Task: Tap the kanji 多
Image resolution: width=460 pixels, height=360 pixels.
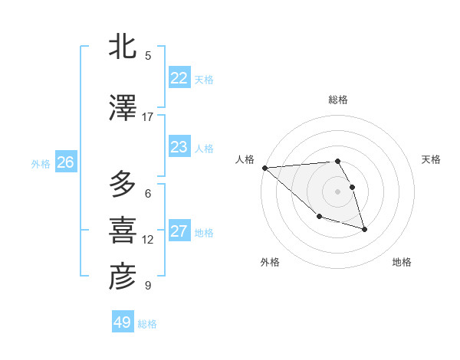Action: coord(123,185)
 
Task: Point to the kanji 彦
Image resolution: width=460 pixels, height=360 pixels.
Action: coord(123,277)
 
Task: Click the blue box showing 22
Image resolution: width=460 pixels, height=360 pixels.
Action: coord(179,78)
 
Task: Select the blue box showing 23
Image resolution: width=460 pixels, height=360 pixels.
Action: coord(179,147)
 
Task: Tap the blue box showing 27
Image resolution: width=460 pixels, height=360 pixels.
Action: coord(179,231)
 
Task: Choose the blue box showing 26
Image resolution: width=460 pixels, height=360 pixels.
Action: coord(66,162)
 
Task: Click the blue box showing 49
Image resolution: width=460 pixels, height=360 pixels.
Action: coord(123,322)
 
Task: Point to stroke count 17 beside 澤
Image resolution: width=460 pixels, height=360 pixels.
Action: coord(148,117)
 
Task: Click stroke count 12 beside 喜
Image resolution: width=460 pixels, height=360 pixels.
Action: coord(148,240)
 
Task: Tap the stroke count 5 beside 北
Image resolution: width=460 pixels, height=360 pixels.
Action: coord(148,55)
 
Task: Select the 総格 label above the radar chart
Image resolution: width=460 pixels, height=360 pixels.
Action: coord(338,100)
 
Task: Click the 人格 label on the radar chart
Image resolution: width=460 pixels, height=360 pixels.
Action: coord(245,159)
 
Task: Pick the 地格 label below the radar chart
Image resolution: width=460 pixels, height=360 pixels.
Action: coord(402,262)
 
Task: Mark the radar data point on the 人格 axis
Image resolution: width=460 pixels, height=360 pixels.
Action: coord(264,168)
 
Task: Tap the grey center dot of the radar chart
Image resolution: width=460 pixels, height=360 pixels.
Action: coord(338,191)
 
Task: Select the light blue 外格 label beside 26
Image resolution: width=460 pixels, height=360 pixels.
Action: coord(41,163)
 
